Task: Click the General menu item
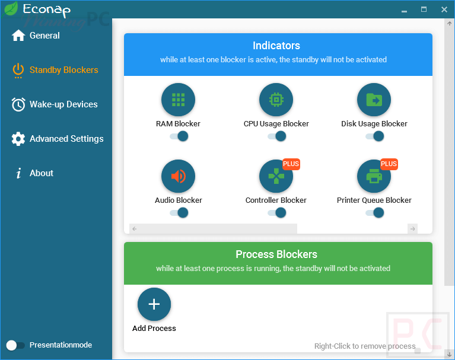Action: coord(44,36)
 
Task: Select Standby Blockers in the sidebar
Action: coord(63,70)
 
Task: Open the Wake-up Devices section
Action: coord(63,104)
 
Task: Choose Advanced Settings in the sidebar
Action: coord(66,139)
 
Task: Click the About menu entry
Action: coord(42,173)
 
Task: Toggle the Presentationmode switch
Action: coord(15,345)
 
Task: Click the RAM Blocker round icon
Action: coord(178,100)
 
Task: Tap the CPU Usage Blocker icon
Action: coord(276,100)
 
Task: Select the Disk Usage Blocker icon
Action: coord(374,100)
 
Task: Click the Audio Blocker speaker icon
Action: coord(178,176)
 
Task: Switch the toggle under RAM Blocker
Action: coord(179,136)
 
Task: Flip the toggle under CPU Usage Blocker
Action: coord(276,136)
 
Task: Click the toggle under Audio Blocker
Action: coord(179,212)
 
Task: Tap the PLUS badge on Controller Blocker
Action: coord(291,164)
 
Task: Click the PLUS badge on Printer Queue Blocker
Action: coord(389,164)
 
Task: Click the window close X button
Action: coord(444,9)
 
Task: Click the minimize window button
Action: coord(404,9)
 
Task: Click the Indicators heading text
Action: coord(276,46)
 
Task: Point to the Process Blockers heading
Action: coord(276,254)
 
